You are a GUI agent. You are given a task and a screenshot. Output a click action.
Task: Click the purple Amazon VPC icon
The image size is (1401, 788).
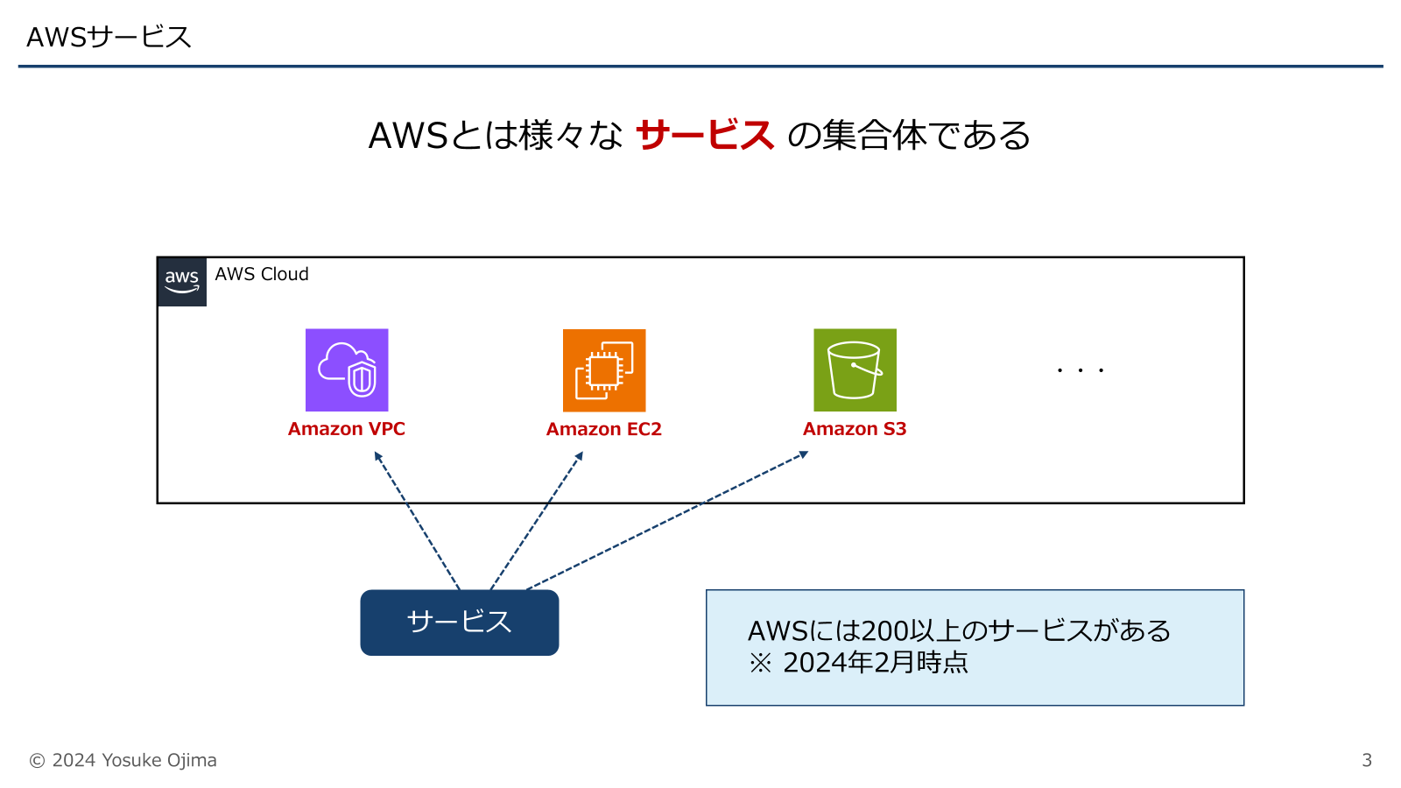point(347,369)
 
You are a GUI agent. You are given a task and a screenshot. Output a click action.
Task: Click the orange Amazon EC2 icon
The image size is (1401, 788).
point(604,369)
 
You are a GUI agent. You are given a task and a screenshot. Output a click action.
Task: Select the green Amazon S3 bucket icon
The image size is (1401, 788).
point(855,369)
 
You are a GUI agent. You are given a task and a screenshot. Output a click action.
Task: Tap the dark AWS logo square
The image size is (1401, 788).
point(182,281)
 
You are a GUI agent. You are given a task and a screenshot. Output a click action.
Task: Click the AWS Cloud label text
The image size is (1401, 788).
point(262,274)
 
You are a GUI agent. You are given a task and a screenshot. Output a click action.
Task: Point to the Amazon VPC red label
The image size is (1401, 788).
point(347,429)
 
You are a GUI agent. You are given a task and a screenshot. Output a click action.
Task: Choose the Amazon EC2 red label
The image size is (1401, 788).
point(604,429)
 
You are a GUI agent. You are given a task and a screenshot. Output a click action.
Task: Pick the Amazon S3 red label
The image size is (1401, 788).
point(855,429)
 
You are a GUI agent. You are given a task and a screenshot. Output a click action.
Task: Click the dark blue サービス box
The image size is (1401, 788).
point(460,623)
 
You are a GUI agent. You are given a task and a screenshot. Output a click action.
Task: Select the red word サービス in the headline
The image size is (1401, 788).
point(705,136)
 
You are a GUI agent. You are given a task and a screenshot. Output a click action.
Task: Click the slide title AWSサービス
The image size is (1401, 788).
point(109,37)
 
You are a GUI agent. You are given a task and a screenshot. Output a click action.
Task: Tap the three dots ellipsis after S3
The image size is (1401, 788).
point(1080,370)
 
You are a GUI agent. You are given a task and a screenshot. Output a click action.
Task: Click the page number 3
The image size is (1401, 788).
point(1366,760)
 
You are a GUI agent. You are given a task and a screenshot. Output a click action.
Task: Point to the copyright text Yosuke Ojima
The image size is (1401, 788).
point(159,760)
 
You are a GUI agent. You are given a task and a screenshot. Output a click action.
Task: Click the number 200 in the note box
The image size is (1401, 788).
point(886,630)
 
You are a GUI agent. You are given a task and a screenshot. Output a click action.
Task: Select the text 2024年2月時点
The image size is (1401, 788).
point(876,663)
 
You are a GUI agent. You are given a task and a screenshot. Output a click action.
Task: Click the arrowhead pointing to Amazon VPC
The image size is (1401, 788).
point(377,455)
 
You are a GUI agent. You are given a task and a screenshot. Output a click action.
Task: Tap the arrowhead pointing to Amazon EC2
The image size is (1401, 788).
point(580,455)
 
